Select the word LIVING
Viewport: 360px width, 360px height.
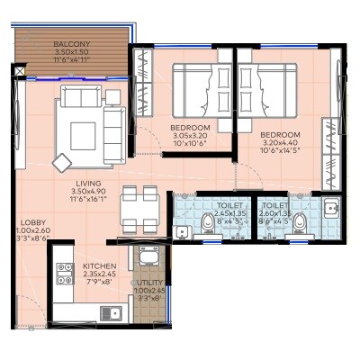89,183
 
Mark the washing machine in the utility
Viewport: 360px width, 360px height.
147,257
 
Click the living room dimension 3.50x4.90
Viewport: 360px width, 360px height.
89,192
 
